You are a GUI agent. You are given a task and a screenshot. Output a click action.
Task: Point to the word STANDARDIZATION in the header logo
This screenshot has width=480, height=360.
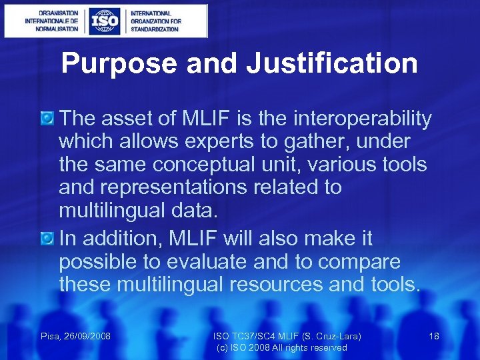155,29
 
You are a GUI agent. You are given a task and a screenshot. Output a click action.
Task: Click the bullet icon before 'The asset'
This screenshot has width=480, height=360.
48,119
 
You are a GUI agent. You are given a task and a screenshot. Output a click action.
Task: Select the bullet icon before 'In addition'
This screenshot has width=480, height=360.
48,238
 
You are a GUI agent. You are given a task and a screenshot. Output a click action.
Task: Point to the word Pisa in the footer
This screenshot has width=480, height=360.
50,337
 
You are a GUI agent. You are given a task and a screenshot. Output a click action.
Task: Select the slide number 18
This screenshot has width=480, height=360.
434,337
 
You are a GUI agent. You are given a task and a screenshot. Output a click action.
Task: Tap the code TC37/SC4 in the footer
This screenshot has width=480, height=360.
251,337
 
